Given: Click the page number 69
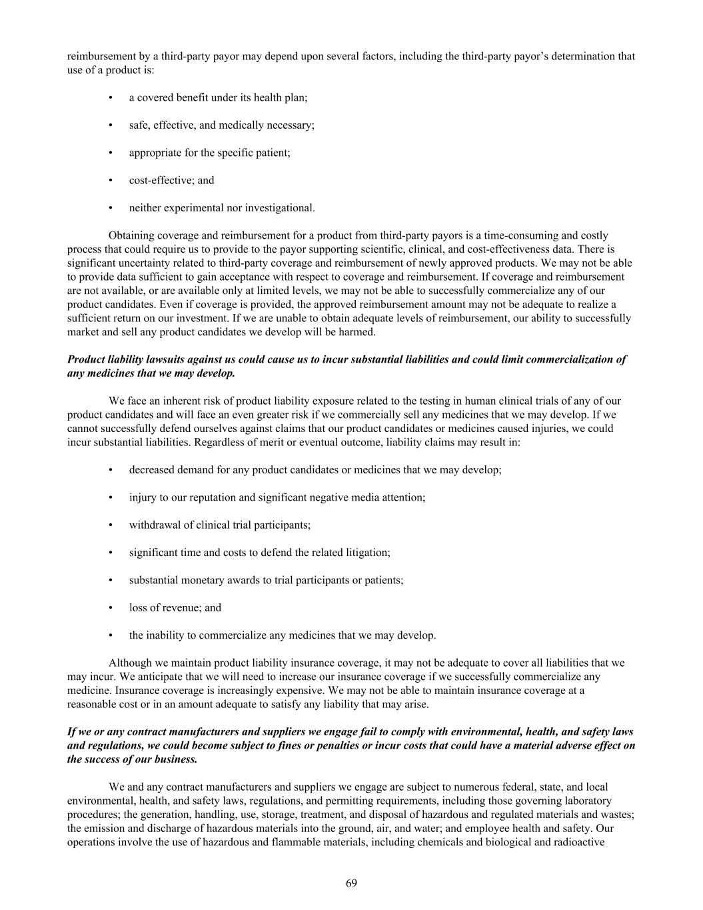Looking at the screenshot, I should coord(351,883).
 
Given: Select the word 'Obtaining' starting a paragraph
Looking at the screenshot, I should coord(130,235).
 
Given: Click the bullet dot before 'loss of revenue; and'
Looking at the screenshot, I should coord(111,608).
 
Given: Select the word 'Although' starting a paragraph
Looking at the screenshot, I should coord(129,663).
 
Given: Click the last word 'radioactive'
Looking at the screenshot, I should coord(578,842).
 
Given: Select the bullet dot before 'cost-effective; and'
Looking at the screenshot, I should coord(111,181).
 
